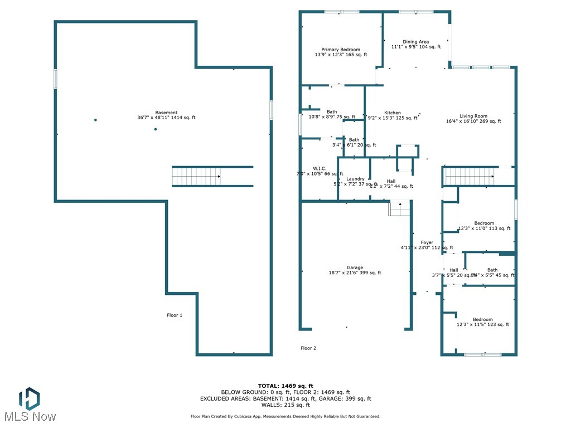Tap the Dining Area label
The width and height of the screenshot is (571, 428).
[416, 42]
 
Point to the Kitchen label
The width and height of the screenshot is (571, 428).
[393, 113]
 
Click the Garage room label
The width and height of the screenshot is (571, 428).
[355, 267]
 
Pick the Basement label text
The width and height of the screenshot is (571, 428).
[166, 113]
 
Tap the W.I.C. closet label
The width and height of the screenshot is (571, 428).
[320, 168]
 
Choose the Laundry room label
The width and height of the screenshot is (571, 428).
[355, 179]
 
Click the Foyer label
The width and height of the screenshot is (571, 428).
[427, 242]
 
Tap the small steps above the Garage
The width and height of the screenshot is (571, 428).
[399, 208]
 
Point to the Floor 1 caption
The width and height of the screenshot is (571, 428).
[175, 315]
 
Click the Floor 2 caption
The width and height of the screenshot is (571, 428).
[308, 348]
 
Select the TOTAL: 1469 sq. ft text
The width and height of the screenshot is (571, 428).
[285, 386]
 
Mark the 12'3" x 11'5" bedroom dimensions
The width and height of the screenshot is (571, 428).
[483, 325]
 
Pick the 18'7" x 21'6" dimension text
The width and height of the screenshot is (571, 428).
[355, 273]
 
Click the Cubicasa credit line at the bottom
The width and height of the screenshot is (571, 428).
[285, 416]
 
